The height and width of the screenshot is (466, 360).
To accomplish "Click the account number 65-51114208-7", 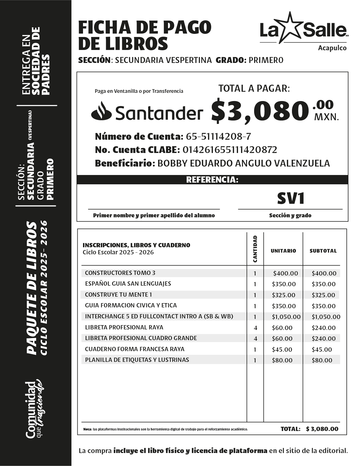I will click(x=218, y=137).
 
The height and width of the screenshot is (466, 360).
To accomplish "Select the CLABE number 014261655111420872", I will click(x=230, y=150).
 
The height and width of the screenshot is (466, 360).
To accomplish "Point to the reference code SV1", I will click(x=291, y=198).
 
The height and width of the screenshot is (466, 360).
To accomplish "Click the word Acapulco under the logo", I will click(x=332, y=48).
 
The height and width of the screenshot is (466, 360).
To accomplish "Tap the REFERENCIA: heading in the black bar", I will click(x=212, y=180).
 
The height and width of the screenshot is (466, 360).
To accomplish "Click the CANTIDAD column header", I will click(x=255, y=249).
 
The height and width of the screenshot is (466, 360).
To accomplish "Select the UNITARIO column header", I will click(x=283, y=251).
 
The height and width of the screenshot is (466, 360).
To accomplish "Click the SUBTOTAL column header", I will click(x=323, y=251).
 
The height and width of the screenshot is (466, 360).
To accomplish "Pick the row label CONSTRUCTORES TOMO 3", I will click(x=120, y=273).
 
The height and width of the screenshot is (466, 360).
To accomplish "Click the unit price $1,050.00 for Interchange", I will click(x=286, y=317).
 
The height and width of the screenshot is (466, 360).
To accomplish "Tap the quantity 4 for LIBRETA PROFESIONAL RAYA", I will click(x=255, y=328).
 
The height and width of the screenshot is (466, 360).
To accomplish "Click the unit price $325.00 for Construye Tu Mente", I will click(x=283, y=295).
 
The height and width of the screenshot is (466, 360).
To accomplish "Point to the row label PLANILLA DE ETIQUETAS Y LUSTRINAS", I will click(x=137, y=360).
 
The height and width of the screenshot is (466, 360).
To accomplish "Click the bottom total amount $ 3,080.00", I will click(x=322, y=429).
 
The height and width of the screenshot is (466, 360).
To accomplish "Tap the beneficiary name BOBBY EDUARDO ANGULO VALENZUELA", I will click(x=243, y=163).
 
